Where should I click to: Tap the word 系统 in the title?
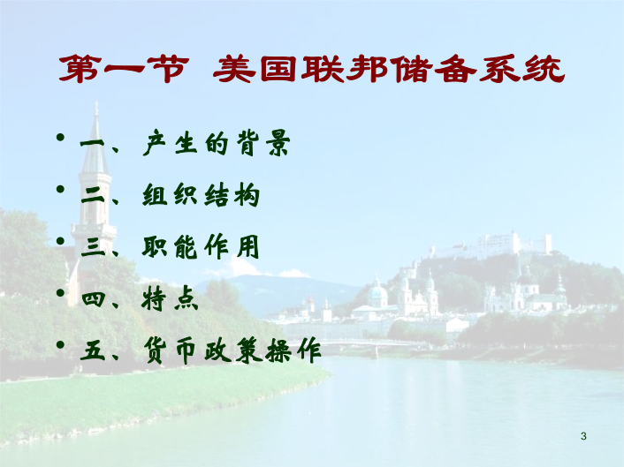tap(521, 69)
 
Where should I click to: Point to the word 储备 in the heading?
tap(433, 69)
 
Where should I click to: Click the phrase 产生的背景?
tap(217, 143)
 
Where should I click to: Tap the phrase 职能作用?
tap(201, 246)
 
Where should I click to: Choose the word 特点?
tap(170, 298)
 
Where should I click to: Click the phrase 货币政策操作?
tap(232, 350)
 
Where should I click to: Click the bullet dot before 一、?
tap(60, 138)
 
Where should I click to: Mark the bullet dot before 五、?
tap(60, 344)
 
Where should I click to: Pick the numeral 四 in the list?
tap(93, 299)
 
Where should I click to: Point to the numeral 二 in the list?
tap(93, 195)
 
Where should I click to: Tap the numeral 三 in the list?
tap(93, 247)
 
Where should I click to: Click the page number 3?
tap(583, 436)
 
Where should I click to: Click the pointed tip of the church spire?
tap(96, 102)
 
